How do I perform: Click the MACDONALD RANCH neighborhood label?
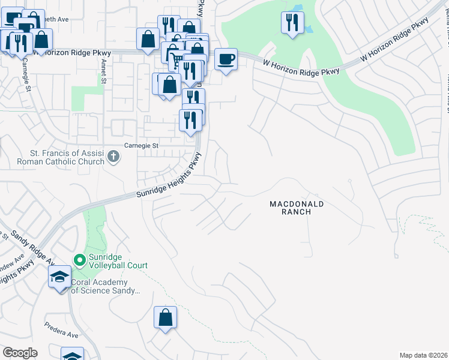(x=297, y=208)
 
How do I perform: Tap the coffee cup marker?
(x=226, y=59)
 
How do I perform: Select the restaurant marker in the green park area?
(x=292, y=23)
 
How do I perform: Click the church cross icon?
(x=113, y=157)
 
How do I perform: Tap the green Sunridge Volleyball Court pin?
(x=79, y=260)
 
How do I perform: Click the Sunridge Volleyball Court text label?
(x=118, y=261)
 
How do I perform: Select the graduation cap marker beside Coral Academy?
(x=59, y=277)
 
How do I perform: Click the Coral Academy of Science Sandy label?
(x=106, y=286)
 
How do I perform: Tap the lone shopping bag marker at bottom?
(x=165, y=317)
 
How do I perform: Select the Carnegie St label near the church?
(x=140, y=145)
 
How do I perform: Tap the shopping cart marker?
(x=173, y=59)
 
